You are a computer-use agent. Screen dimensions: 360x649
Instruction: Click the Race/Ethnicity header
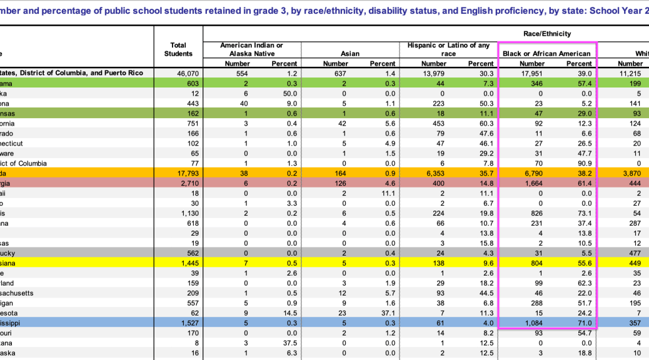[547, 33]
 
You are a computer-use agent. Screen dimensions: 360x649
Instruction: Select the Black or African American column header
[547, 54]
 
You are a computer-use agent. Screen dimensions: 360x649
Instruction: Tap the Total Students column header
[178, 49]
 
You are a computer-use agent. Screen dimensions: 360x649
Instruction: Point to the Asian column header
[350, 54]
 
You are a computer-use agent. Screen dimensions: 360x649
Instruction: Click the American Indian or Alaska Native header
[251, 49]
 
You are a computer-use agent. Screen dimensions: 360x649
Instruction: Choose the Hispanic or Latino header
[448, 49]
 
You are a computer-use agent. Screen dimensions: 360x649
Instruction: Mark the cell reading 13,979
[434, 73]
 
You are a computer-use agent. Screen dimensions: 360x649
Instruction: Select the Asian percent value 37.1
[383, 313]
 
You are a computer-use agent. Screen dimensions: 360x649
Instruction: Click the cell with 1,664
[532, 183]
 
